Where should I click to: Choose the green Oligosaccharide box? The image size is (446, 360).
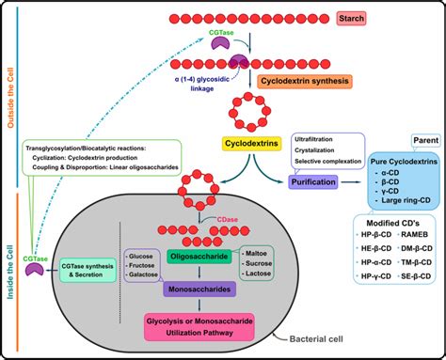click(193, 255)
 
